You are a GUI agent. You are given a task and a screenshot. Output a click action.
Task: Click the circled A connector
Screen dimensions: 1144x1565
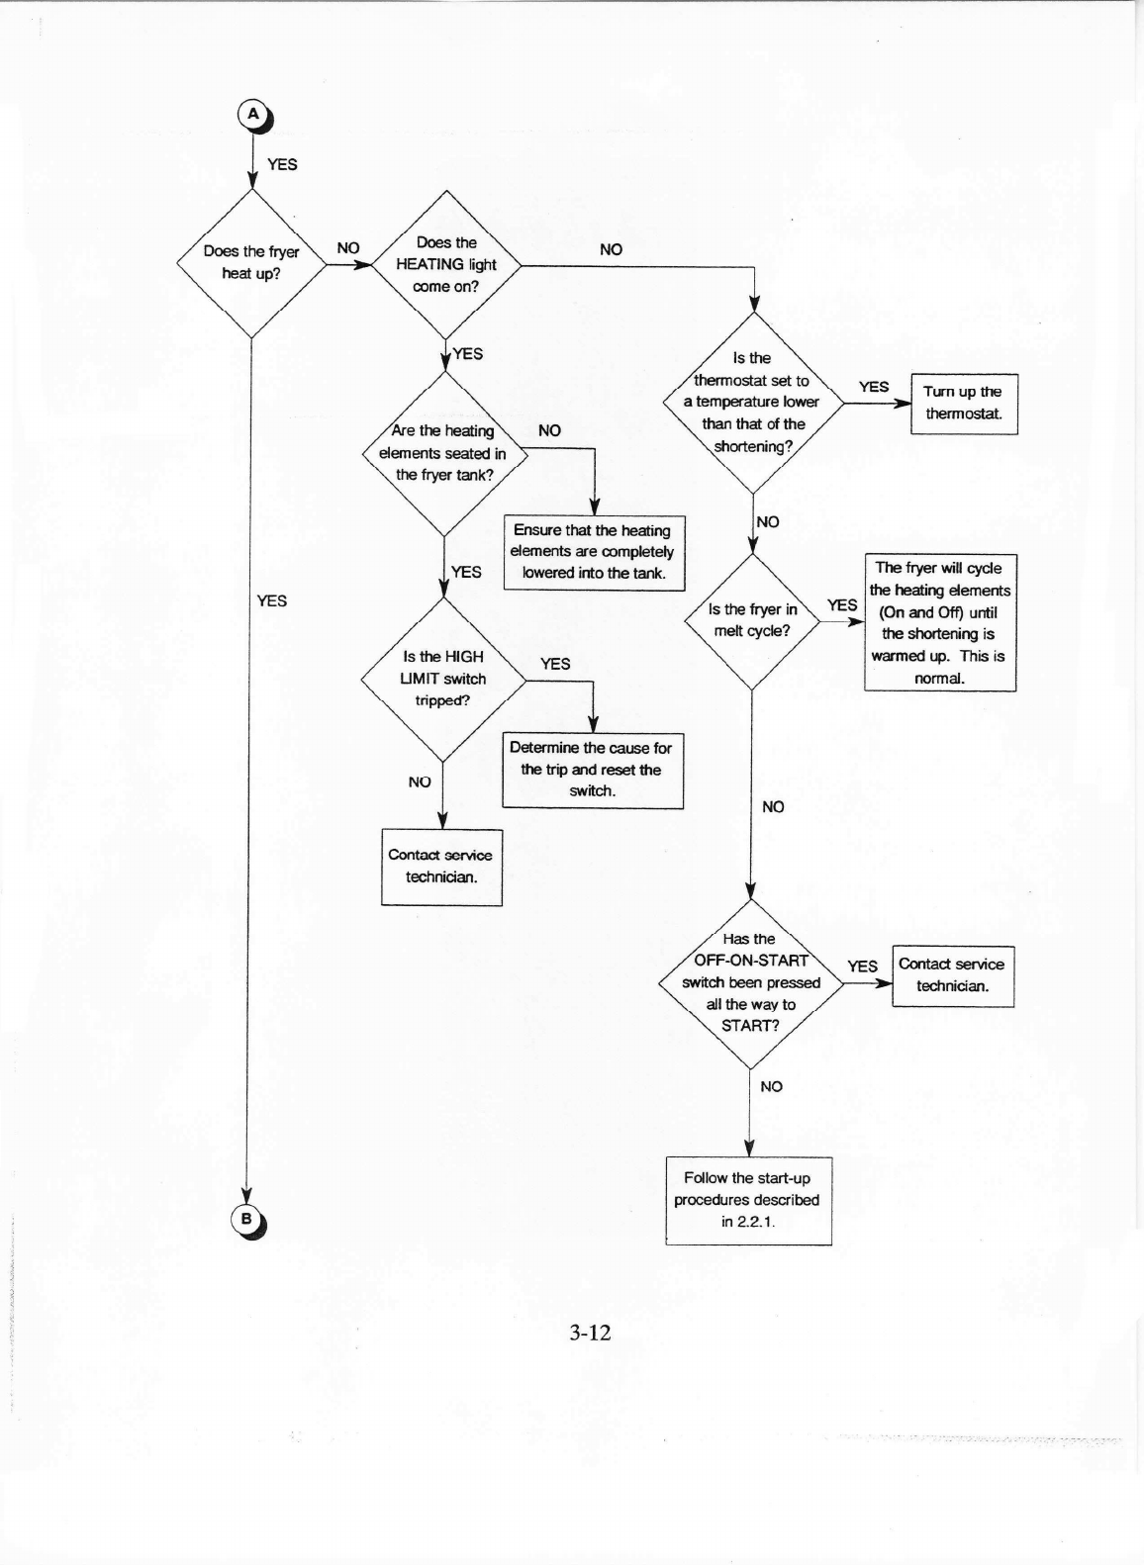pos(253,115)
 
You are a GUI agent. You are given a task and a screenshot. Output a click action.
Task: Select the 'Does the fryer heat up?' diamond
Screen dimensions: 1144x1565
pos(251,262)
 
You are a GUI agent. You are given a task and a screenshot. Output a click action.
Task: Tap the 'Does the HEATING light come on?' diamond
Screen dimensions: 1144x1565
pos(446,264)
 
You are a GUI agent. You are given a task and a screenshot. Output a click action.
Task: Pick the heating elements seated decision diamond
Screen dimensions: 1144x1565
pos(444,453)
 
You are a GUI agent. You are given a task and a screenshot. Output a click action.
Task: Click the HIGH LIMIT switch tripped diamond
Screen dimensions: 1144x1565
pos(443,679)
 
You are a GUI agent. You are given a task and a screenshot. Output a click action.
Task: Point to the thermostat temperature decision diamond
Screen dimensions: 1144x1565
pos(752,403)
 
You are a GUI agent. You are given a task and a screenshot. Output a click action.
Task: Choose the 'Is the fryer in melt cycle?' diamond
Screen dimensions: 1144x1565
pos(752,620)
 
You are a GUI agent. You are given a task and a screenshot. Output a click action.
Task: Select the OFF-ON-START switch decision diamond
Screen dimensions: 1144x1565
pos(751,982)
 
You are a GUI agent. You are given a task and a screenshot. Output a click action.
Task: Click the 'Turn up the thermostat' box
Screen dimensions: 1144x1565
pos(964,404)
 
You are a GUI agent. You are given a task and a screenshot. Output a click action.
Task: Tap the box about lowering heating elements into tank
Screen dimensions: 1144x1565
pos(593,552)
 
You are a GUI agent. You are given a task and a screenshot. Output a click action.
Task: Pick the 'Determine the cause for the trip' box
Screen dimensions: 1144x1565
pos(592,770)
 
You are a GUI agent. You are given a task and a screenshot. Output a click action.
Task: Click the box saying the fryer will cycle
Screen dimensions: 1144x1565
pos(940,622)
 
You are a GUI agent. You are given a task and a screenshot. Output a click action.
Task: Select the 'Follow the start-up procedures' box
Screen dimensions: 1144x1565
pos(747,1200)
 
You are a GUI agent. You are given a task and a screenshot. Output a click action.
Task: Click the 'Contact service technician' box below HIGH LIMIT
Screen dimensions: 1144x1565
pos(441,867)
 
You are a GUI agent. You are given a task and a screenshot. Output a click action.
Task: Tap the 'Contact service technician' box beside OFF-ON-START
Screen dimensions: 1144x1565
pos(952,975)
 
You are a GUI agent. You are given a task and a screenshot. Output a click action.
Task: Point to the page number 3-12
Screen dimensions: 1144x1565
pos(590,1333)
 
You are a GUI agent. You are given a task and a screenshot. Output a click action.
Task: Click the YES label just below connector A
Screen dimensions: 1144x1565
pos(282,164)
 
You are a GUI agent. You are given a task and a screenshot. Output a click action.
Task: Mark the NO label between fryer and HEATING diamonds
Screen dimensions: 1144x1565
pos(348,248)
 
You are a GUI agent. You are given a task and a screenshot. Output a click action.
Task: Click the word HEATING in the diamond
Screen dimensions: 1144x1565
pos(430,264)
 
